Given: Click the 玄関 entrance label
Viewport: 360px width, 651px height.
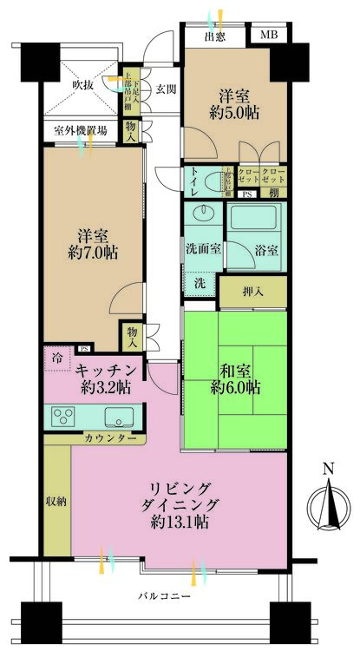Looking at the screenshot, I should (166, 89).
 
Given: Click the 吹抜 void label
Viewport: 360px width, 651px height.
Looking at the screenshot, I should (82, 85).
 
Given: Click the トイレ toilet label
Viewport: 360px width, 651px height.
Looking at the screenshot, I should (193, 182).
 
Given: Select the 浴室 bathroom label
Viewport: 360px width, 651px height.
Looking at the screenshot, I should (266, 251).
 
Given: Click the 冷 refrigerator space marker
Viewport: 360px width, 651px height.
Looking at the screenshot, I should (57, 358).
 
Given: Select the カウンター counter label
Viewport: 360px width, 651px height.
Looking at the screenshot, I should (109, 439).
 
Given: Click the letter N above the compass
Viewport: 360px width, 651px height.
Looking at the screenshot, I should (327, 470).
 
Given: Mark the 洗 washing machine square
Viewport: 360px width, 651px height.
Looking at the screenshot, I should (200, 284).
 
